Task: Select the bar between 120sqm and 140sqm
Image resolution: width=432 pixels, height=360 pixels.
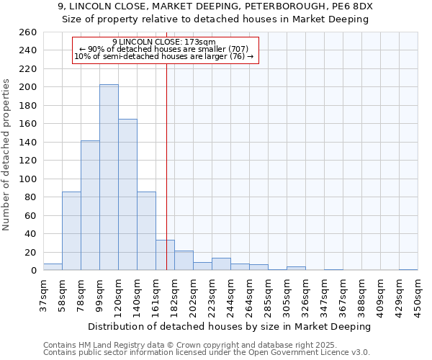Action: pos(127,194)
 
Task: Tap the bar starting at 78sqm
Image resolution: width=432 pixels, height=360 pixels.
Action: pos(90,205)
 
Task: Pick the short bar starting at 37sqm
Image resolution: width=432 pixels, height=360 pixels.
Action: pos(53,267)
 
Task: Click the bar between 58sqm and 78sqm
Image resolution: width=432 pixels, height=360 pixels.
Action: pos(71,230)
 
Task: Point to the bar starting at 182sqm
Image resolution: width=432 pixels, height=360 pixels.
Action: pos(184,261)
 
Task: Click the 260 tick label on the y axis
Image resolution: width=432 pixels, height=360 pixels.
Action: pos(28,32)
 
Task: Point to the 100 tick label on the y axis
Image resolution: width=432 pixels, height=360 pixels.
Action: pos(28,179)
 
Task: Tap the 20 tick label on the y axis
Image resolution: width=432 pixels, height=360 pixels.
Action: pos(31,252)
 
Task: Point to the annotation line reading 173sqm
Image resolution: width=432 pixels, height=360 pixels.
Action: pos(164,42)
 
